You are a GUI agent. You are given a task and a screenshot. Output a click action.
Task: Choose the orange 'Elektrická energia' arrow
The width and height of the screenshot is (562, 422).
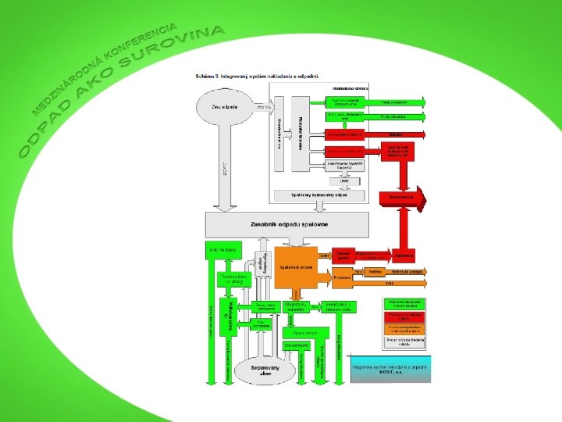(x=406, y=271)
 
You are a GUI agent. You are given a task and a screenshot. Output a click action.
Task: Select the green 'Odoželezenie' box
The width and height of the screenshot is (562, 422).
(x=297, y=344)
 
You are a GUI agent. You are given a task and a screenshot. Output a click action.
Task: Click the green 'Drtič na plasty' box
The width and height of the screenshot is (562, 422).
(x=222, y=249)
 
